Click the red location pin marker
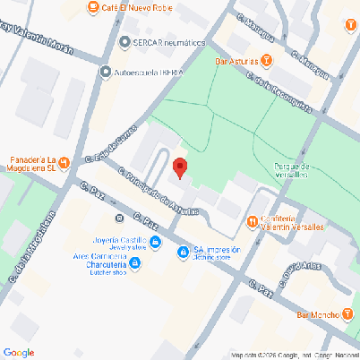tap(179, 167)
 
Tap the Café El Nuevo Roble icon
tap(93, 8)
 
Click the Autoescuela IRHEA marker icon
tap(107, 72)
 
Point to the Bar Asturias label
tap(236, 61)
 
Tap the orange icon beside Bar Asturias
tap(267, 61)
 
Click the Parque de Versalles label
tap(293, 170)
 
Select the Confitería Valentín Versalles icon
tap(253, 219)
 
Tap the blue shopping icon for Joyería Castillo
tap(155, 242)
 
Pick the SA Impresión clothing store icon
tap(183, 253)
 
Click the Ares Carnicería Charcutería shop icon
tap(135, 263)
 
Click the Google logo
tap(18, 352)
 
